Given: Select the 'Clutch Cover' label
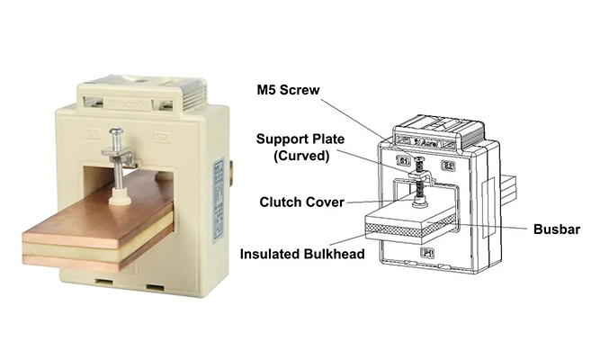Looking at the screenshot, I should coord(301,202).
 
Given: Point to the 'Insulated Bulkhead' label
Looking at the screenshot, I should coord(301,254).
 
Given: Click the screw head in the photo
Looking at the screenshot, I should coord(117,132).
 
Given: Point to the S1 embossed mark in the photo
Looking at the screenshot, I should coord(92,134).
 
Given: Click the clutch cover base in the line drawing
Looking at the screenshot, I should coord(419,202).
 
